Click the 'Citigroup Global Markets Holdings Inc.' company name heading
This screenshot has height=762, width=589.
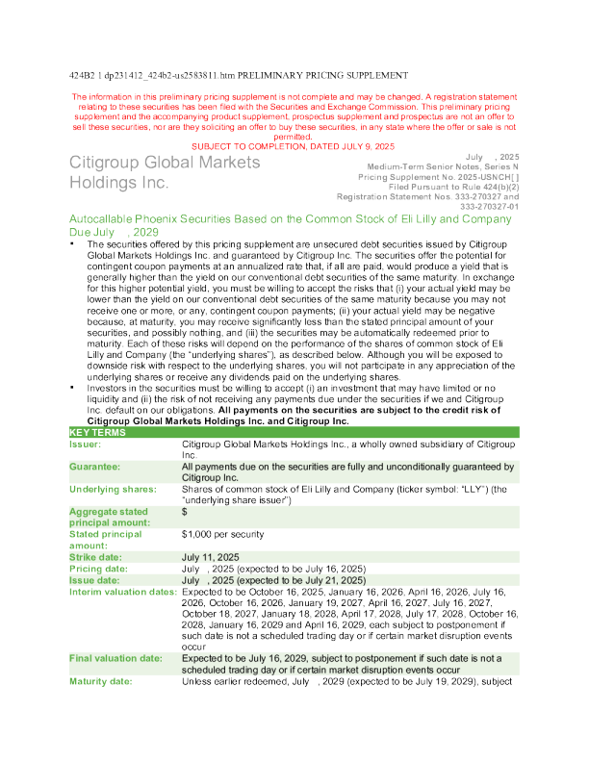[x=164, y=171]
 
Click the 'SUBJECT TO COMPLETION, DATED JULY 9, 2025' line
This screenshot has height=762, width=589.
[x=293, y=145]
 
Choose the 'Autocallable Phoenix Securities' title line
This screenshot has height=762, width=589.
[x=290, y=219]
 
